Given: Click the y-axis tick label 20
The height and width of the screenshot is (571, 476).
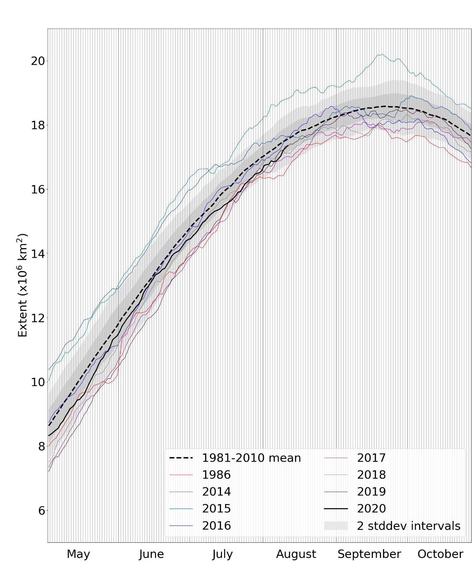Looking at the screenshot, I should coord(38,61).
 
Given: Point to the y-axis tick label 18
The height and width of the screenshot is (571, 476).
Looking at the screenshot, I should coord(38,125).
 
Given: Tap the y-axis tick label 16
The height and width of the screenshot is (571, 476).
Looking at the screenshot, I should coord(38,189).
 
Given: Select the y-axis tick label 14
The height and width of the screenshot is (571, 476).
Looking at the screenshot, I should coord(38,254).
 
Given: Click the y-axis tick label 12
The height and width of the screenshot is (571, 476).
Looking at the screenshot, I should coord(38,318).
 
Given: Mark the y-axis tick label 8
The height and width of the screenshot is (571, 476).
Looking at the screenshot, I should coord(41,446).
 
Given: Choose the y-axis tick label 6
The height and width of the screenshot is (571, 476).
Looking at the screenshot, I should coord(41,511).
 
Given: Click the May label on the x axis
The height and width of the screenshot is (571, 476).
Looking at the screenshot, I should coord(78,554).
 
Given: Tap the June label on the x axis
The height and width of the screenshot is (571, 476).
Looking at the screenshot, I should coord(151,554).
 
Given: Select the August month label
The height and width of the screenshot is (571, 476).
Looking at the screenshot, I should coord(296,554).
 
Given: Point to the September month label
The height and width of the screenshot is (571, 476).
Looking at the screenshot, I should coord(369,554).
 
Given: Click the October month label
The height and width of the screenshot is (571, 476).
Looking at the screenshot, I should coord(440,554).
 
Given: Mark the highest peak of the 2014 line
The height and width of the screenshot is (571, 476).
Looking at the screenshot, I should coord(381,54).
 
